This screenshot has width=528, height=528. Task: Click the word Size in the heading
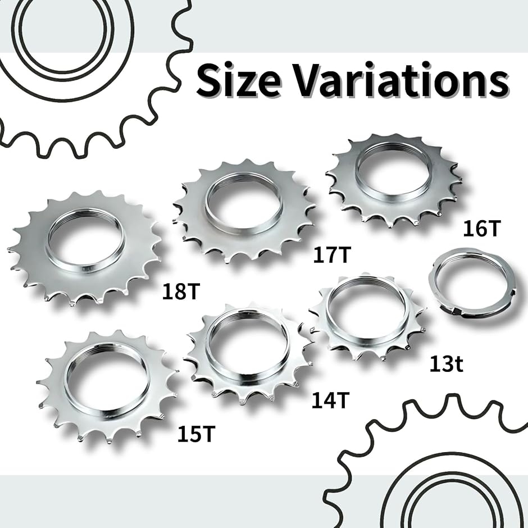point(238,80)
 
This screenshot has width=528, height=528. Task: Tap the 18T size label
point(181,292)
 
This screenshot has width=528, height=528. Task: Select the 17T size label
point(332,254)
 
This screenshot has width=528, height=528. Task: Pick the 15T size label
point(196,434)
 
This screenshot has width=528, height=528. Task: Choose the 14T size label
point(330,400)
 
